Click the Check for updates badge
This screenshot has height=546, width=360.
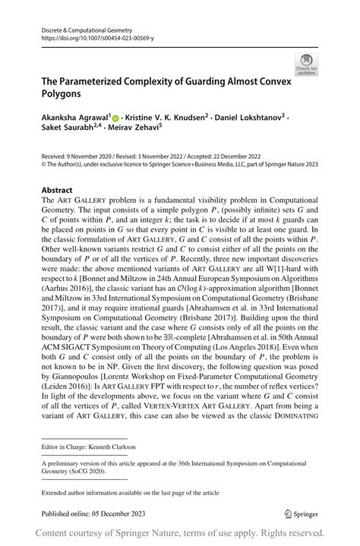[x=308, y=64]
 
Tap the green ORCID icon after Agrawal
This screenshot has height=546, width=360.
[x=116, y=118]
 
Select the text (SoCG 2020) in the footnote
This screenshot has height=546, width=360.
[x=94, y=474]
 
